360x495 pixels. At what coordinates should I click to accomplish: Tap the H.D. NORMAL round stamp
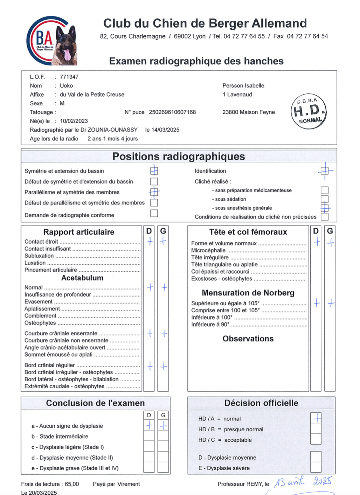pos(309,111)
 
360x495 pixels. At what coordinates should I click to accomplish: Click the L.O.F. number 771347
pos(69,77)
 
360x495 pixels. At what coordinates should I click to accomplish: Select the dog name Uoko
pos(66,85)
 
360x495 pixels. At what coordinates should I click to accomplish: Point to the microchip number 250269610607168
pos(172,112)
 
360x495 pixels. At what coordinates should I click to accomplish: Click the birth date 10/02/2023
pos(74,121)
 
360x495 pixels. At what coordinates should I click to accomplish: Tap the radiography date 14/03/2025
pos(165,130)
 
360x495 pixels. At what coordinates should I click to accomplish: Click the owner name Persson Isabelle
pos(243,85)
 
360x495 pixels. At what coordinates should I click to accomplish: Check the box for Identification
pos(325,171)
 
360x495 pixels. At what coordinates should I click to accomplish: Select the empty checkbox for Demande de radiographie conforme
pos(154,213)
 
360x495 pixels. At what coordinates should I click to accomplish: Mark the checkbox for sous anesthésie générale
pos(325,208)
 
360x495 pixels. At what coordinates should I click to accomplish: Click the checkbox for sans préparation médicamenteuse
pos(325,190)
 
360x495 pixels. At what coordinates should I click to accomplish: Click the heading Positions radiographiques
pos(179,156)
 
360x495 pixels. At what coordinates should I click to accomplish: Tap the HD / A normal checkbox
pos(316,418)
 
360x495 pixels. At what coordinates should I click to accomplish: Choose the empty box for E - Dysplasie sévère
pos(316,467)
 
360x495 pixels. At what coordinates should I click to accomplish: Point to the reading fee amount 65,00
pos(72,484)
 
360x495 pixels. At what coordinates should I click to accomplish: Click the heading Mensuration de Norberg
pos(248,293)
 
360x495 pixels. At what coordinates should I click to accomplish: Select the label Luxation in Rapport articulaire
pos(35,263)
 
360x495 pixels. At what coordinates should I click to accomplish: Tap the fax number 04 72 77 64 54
pos(307,36)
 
